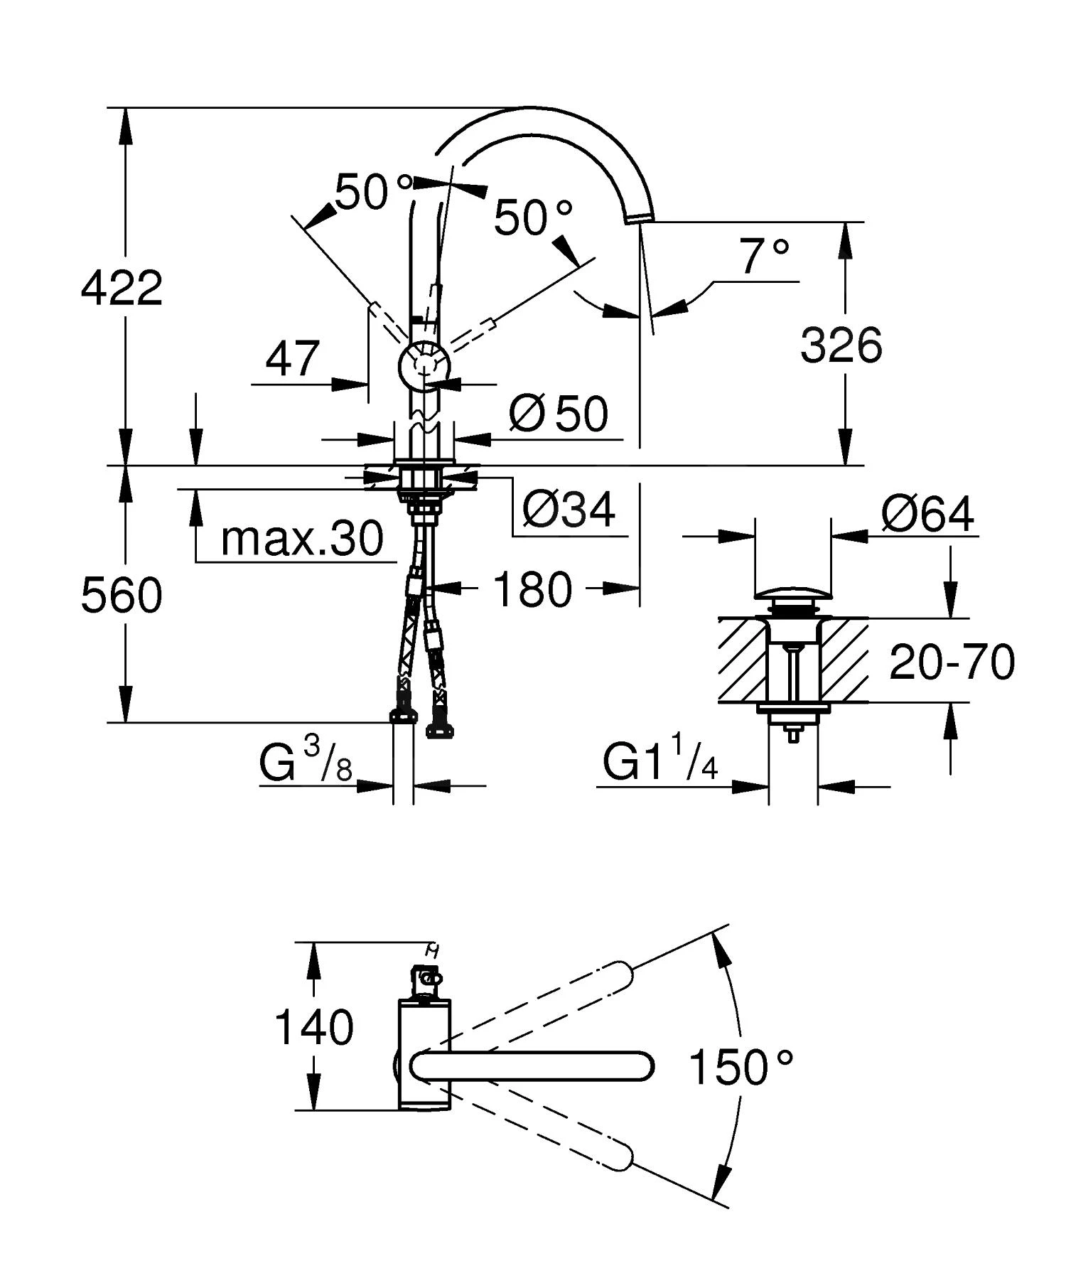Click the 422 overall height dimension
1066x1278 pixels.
(122, 288)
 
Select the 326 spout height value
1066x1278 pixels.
(841, 346)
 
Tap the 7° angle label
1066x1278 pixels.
(764, 257)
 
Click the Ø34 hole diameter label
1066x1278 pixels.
(569, 510)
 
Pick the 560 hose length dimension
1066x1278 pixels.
(122, 595)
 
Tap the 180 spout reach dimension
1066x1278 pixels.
(532, 589)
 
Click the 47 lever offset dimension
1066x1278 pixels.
(292, 359)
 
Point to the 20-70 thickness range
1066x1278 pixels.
(952, 662)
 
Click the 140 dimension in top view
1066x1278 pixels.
(313, 1027)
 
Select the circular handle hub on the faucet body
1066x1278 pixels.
(424, 366)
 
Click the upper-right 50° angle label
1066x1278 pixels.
(532, 217)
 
